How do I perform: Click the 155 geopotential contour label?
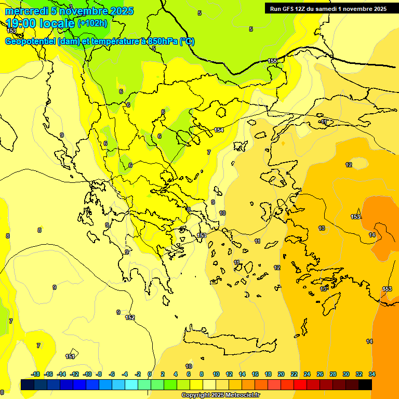[x=272, y=61]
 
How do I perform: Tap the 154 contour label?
[x=219, y=130]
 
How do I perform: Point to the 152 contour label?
[x=130, y=317]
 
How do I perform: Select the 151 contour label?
[x=70, y=356]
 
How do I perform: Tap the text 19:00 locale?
[x=41, y=23]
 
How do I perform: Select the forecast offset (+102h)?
[x=92, y=23]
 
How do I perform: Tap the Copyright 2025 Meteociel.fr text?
[x=220, y=395]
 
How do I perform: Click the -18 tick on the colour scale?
[x=36, y=374]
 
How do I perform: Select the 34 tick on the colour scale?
[x=371, y=374]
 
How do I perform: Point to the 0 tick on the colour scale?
[x=150, y=374]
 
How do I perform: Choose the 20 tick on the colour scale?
[x=281, y=374]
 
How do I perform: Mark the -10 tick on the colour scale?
[x=87, y=374]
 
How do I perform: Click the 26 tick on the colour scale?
[x=320, y=374]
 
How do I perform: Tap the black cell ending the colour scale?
[x=365, y=384]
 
